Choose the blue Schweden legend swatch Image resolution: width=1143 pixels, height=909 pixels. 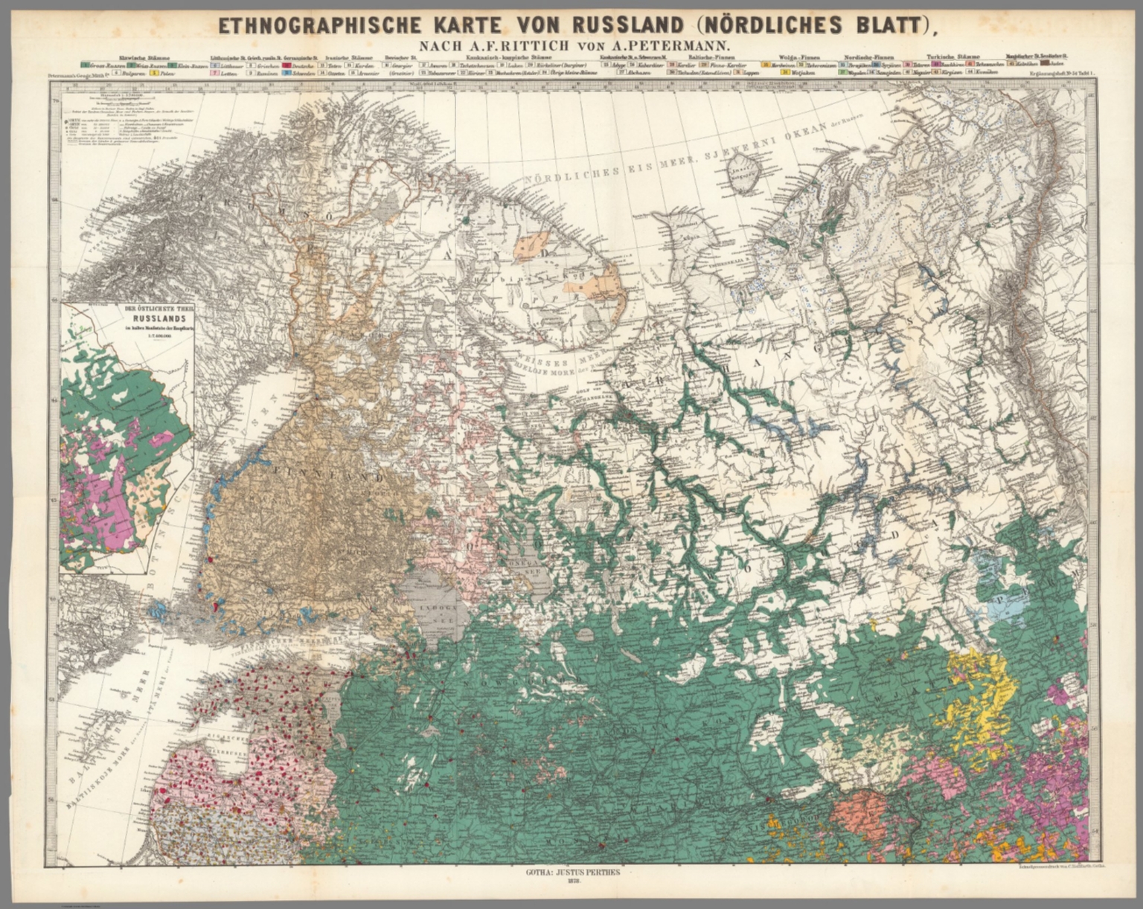pyautogui.click(x=286, y=74)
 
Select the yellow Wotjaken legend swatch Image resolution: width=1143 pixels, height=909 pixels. pyautogui.click(x=766, y=74)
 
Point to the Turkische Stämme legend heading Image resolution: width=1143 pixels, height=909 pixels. pyautogui.click(x=952, y=57)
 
